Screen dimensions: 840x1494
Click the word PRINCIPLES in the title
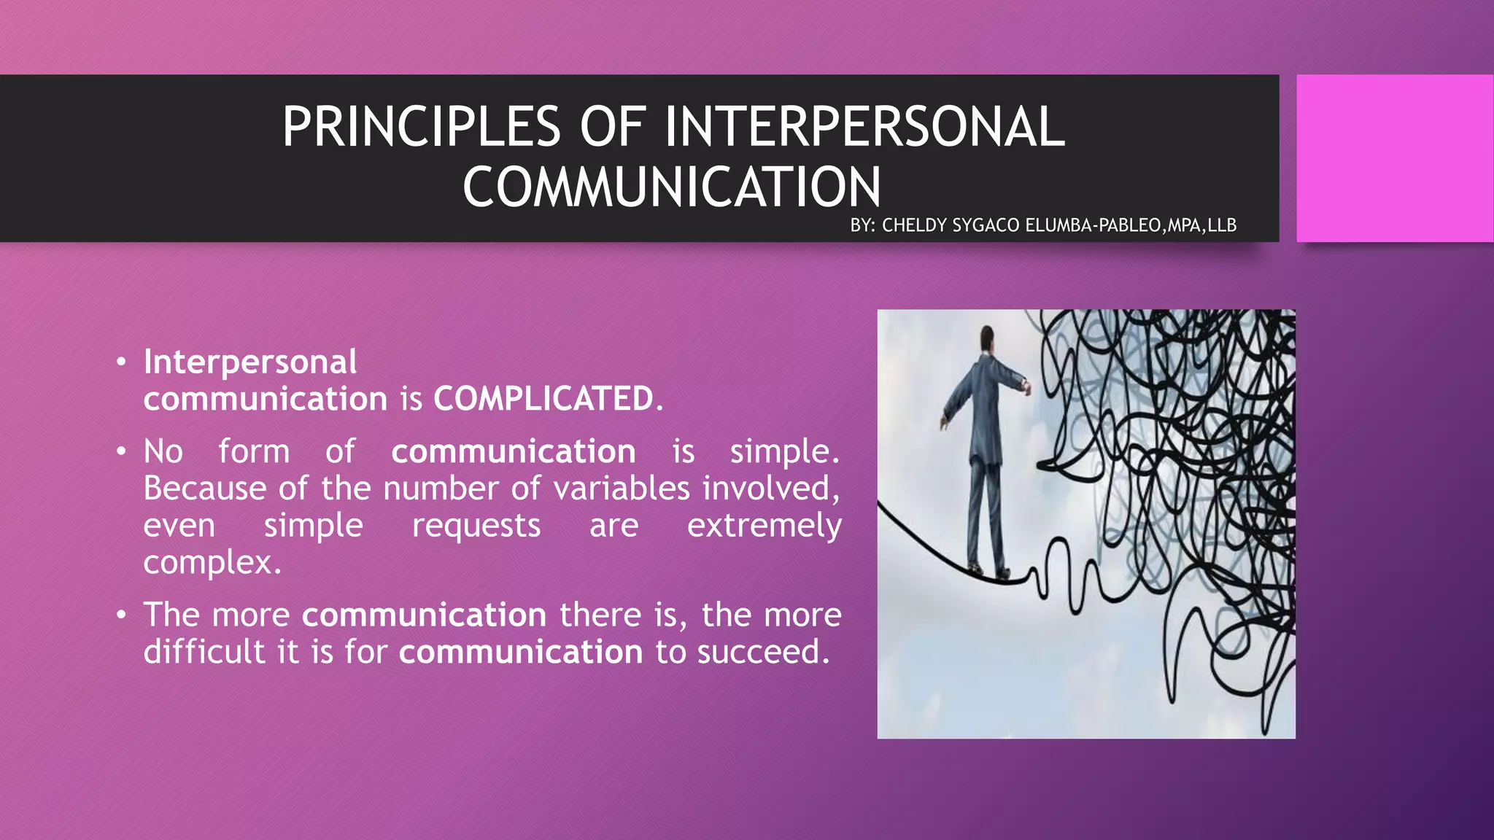421,127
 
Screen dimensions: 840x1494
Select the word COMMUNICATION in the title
672,187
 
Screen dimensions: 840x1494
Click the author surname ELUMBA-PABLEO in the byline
1092,225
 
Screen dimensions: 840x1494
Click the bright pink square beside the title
1394,158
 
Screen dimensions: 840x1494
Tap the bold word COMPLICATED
543,399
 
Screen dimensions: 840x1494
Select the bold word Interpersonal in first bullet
250,362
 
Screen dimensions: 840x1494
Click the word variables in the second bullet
622,489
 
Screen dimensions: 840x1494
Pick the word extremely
764,526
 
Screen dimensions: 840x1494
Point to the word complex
212,562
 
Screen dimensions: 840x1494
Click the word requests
476,526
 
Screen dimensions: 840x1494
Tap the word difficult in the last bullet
204,652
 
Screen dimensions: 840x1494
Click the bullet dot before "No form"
121,452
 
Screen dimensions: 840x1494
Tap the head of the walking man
986,338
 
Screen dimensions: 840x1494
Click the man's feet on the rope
989,571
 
